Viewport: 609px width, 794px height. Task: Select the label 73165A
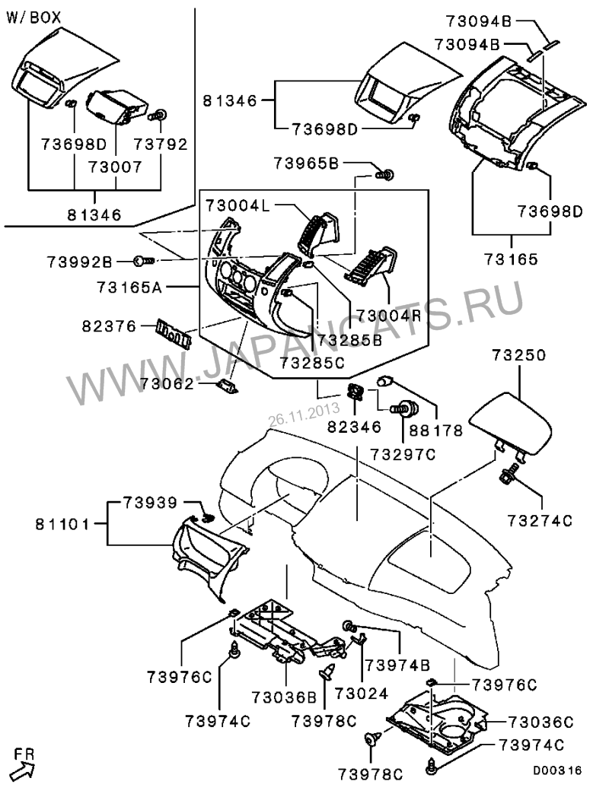[129, 287]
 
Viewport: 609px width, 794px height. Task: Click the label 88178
[436, 430]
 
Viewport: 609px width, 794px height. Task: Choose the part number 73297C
[403, 454]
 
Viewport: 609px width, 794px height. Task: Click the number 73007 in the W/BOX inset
[115, 166]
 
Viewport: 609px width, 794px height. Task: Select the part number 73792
[161, 143]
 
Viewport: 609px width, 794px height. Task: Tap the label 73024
[361, 694]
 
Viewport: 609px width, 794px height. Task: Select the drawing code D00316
[556, 770]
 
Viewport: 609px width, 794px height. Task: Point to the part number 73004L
[238, 205]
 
